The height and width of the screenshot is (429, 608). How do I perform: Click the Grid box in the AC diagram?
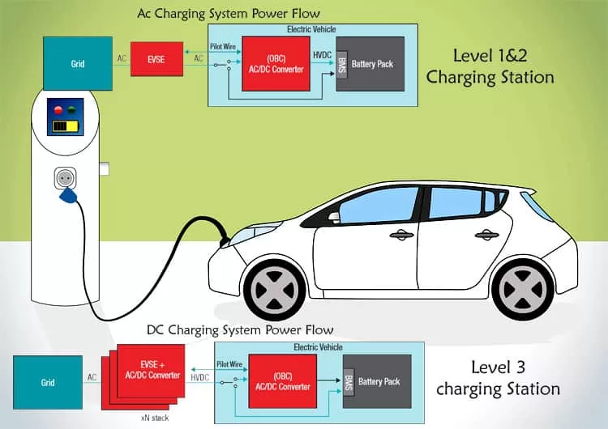(78, 63)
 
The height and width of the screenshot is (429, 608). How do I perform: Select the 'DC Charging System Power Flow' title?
(240, 330)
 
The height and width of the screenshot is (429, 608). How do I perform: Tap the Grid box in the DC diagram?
(48, 382)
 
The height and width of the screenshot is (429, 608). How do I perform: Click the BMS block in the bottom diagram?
(349, 381)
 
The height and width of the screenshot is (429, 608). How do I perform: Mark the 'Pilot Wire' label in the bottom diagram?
(230, 365)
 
